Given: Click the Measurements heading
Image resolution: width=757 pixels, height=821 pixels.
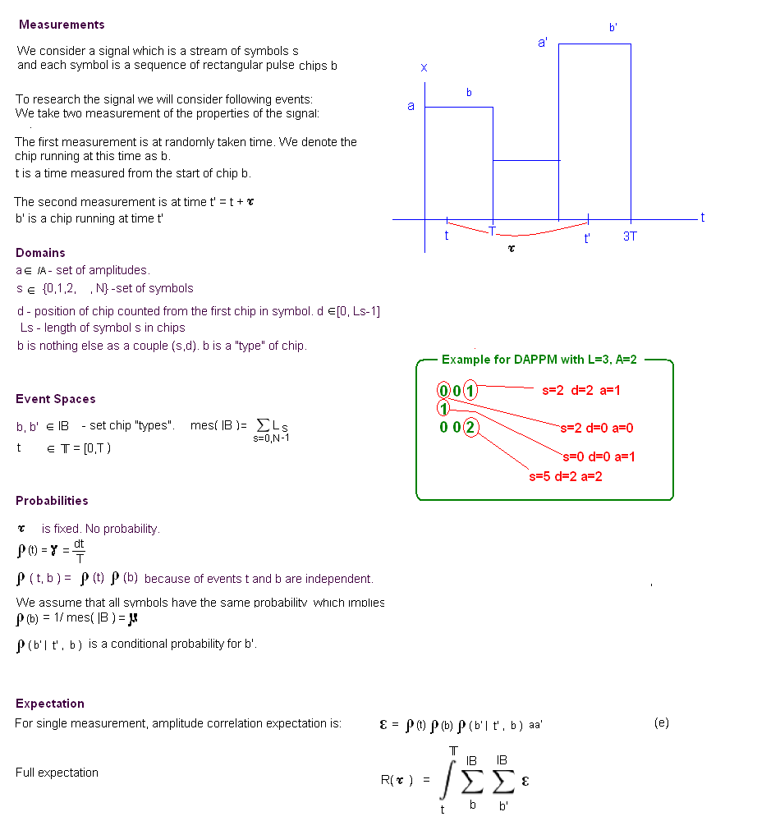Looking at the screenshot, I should click(62, 25).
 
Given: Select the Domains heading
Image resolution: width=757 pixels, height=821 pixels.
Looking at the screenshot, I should click(40, 253).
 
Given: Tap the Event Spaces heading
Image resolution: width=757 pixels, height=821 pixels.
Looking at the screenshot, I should click(56, 399).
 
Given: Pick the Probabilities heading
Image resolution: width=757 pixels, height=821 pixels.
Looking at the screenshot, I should click(52, 501).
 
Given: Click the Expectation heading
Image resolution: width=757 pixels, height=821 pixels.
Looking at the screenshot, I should click(50, 704).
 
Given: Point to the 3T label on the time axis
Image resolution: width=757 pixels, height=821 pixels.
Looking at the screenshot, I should click(630, 236).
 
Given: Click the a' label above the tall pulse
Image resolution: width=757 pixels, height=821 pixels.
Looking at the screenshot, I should click(543, 42).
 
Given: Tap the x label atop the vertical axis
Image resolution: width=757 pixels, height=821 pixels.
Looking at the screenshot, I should click(424, 67).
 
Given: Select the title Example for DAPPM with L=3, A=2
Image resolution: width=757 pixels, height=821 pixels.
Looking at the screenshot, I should click(539, 360).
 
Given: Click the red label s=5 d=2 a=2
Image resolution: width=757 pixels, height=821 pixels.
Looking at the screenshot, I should click(566, 476).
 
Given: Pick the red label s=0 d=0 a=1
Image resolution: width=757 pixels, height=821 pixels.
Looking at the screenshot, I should click(599, 456).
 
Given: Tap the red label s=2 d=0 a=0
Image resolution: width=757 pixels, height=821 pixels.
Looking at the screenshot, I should click(597, 428).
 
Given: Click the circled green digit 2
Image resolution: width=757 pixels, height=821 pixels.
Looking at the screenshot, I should click(469, 427).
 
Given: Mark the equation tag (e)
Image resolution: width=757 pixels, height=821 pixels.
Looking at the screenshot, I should click(662, 722).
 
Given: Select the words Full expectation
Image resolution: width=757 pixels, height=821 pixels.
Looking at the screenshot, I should click(57, 773).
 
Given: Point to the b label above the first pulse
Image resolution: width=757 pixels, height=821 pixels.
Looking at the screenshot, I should click(469, 93).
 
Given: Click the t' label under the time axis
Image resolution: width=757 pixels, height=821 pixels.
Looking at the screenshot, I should click(587, 239).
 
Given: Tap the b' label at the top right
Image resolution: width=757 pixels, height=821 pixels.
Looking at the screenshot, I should click(613, 27).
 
